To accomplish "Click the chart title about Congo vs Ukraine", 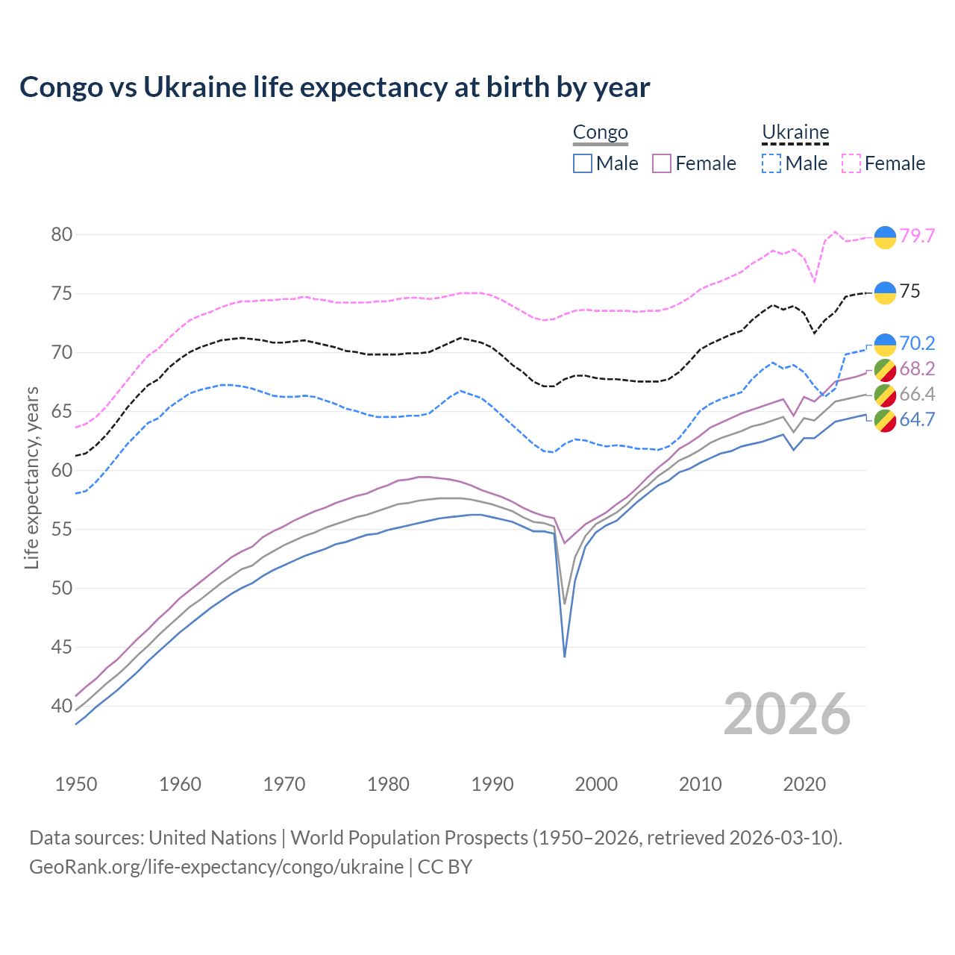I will point(335,87).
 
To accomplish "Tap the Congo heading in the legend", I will point(600,133).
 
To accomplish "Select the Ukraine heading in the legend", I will point(795,133).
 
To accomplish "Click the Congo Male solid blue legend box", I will point(583,163).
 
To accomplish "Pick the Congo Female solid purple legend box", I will point(662,163).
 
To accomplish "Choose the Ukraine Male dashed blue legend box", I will point(771,163).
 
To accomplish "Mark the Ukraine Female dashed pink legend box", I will point(851,163).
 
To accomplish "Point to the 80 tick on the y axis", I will point(62,234).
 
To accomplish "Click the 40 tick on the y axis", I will point(62,706).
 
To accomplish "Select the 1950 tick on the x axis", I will point(76,784).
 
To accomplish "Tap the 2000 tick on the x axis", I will point(596,784).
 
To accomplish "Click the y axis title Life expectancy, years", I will point(31,477).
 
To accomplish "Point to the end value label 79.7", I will point(917,236).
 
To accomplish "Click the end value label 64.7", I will point(917,419).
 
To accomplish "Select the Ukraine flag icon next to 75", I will point(885,292).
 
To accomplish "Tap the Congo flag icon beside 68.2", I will point(885,369).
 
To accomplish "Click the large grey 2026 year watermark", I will point(787,714).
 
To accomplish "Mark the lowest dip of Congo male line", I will point(565,656).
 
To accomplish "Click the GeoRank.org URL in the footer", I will point(216,867).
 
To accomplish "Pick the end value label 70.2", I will point(917,343).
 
